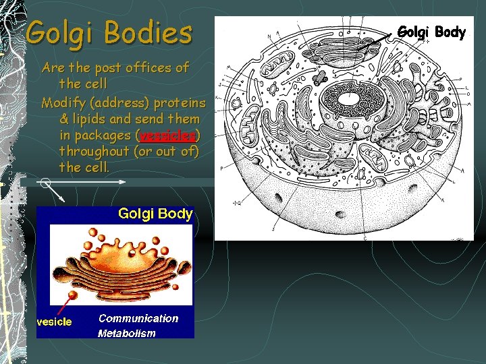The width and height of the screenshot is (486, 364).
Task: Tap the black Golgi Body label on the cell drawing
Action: coord(431,32)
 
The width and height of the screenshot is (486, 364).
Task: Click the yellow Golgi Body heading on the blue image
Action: coord(155,214)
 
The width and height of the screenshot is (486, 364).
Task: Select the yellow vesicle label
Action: coord(54,322)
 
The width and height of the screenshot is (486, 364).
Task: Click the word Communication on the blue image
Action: coord(138,318)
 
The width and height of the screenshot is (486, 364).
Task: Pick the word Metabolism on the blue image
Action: coord(126,333)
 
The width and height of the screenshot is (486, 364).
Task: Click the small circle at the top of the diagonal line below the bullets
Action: coord(45,182)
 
